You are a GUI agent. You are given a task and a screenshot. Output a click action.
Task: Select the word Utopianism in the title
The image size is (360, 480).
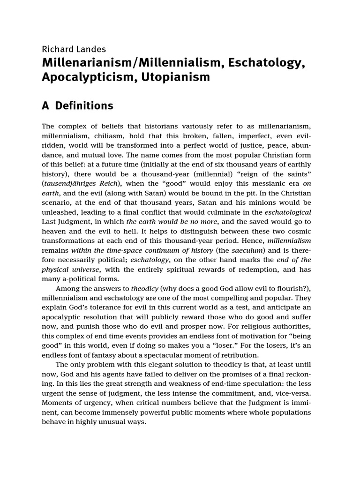point(180,77)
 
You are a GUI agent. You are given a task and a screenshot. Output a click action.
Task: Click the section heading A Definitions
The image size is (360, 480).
point(77,106)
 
